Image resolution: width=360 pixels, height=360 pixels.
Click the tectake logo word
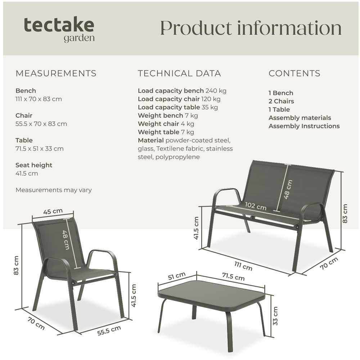click(x=59, y=25)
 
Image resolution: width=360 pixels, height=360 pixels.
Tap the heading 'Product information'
click(x=251, y=28)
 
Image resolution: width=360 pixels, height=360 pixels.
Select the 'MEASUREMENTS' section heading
click(x=56, y=73)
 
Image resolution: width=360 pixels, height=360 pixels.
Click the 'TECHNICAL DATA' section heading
click(x=179, y=73)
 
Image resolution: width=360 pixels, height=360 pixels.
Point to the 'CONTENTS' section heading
click(x=294, y=73)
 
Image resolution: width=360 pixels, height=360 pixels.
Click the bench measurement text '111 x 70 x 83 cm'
click(x=39, y=99)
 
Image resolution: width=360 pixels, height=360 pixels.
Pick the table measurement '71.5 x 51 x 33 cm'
click(x=39, y=149)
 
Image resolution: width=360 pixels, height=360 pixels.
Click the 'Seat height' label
click(x=34, y=165)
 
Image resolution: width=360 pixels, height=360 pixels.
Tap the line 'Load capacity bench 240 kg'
click(x=182, y=91)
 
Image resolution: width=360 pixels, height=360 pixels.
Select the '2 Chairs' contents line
click(x=281, y=101)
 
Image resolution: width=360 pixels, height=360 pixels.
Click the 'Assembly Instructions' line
click(x=304, y=126)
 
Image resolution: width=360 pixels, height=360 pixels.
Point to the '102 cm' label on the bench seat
click(x=256, y=207)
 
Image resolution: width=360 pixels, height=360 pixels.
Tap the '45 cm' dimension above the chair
click(x=53, y=212)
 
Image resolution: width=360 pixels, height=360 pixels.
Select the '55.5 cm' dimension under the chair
click(x=109, y=330)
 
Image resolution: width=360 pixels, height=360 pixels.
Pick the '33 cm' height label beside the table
click(x=275, y=316)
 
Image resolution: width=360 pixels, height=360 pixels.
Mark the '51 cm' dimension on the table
click(x=177, y=276)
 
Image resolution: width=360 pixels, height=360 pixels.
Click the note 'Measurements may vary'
click(x=53, y=190)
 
